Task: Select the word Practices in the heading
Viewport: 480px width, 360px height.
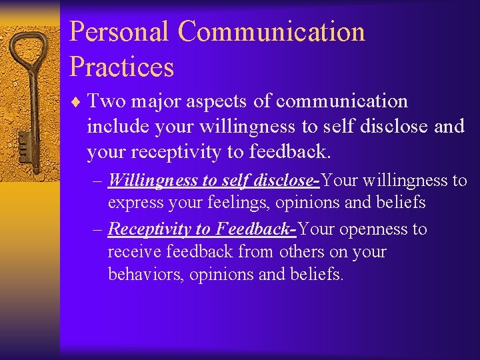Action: coord(121,67)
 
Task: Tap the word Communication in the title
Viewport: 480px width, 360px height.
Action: coord(271,31)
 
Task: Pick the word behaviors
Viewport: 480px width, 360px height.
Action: coord(145,275)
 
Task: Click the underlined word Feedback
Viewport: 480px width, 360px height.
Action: coord(253,229)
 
